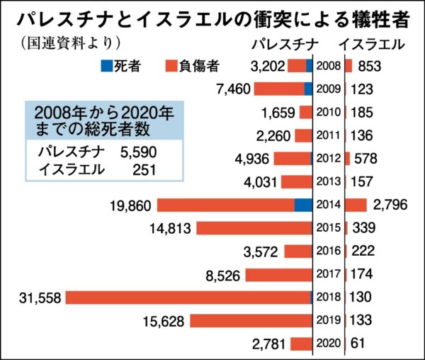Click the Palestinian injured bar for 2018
click(188, 297)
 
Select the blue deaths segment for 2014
click(303, 205)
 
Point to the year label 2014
click(328, 205)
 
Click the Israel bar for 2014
click(356, 205)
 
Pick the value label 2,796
click(389, 205)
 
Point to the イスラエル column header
click(371, 44)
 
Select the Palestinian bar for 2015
click(254, 228)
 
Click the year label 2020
click(328, 343)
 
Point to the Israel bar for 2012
click(347, 158)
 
